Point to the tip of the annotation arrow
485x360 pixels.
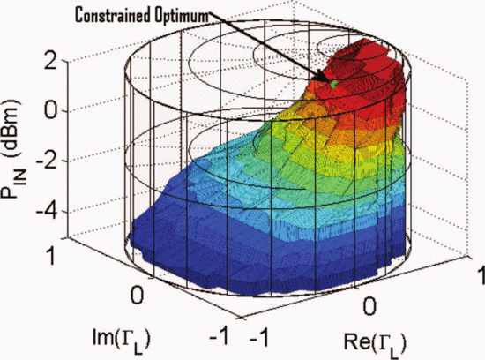click(x=331, y=80)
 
